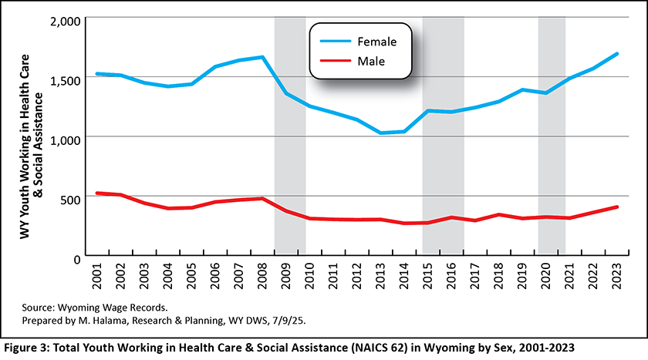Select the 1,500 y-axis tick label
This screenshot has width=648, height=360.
(x=60, y=79)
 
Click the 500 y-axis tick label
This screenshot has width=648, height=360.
(x=67, y=197)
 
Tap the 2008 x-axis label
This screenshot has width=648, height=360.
(x=263, y=276)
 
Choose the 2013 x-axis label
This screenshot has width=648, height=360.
(x=380, y=276)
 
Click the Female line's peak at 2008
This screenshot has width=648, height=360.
(x=262, y=57)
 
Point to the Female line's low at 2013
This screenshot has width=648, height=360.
(x=380, y=133)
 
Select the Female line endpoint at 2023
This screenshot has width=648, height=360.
(x=617, y=54)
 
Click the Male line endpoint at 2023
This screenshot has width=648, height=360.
(x=617, y=207)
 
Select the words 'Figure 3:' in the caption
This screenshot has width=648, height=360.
(x=28, y=347)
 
